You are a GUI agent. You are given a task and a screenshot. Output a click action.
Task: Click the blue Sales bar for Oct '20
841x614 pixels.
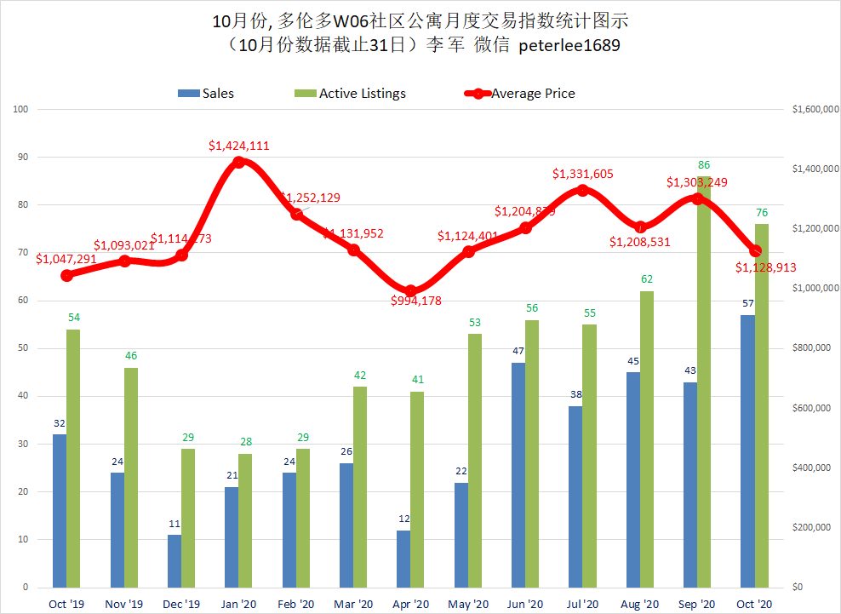pos(747,451)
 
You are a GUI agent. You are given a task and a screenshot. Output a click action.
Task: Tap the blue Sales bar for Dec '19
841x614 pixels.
pos(174,560)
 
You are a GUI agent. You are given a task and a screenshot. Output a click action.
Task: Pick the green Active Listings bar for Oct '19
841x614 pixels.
pos(74,458)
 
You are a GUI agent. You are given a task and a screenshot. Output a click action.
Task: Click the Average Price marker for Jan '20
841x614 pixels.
pos(238,161)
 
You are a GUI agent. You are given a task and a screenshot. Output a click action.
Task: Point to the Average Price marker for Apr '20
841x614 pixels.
pos(411,291)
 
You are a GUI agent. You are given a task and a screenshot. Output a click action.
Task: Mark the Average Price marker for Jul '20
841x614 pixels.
pos(583,190)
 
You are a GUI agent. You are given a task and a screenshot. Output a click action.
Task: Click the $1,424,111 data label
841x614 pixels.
pos(238,146)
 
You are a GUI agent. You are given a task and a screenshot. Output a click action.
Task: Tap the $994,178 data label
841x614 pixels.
pos(416,301)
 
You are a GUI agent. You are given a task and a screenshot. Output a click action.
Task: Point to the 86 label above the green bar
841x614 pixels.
pos(704,164)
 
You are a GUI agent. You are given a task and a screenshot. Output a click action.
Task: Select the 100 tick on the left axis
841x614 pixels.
pos(20,109)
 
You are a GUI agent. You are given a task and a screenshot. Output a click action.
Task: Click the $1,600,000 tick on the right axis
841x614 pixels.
pos(810,109)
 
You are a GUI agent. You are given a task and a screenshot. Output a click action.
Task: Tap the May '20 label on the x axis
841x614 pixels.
pos(468,603)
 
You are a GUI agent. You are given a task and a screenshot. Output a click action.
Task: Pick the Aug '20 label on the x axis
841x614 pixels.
pos(640,603)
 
